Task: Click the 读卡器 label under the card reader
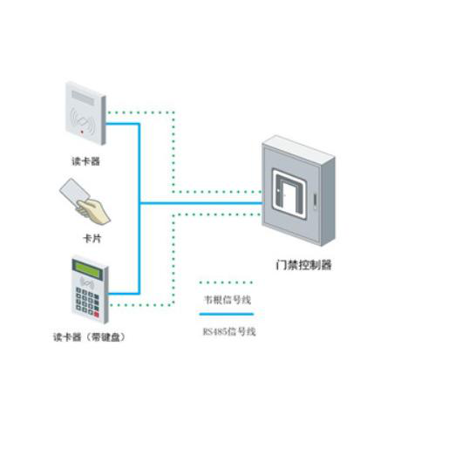tap(85, 161)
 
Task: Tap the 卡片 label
tap(92, 239)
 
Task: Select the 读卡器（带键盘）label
tap(89, 337)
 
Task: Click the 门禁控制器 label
tap(303, 265)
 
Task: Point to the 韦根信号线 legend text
tap(228, 300)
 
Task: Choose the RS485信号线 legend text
tap(229, 331)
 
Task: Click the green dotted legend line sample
tap(226, 282)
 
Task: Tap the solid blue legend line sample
tap(227, 314)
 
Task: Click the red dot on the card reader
tap(82, 132)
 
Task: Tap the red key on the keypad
tap(97, 315)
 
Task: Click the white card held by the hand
tap(74, 191)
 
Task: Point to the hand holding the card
tap(93, 212)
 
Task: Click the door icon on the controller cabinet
tap(289, 194)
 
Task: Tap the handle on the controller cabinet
tap(315, 201)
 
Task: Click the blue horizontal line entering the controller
tap(201, 203)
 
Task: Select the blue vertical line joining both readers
tap(139, 208)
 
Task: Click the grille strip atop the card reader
tap(83, 97)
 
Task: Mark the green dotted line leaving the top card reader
tap(173, 152)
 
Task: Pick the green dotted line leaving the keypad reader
tap(173, 260)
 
